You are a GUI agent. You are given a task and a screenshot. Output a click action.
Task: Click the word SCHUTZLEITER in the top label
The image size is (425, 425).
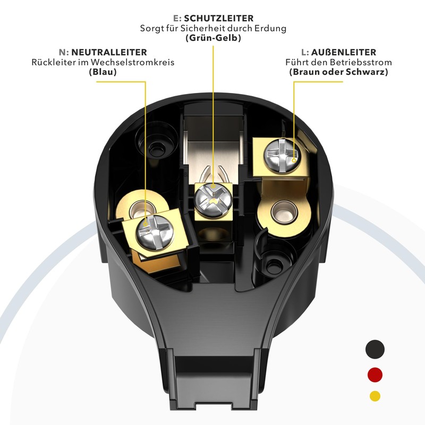(219, 18)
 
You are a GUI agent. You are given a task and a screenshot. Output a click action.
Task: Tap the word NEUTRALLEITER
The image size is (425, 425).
(109, 52)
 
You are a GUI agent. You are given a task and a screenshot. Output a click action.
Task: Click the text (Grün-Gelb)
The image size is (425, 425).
(214, 38)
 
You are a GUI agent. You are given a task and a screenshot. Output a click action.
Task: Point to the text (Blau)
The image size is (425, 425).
(103, 72)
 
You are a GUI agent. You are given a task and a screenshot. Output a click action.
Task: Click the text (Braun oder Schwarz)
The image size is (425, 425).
(338, 72)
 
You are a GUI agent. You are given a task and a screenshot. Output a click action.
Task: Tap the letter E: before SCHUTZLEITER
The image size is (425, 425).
(177, 18)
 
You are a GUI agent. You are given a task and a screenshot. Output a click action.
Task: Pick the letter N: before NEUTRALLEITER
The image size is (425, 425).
(64, 52)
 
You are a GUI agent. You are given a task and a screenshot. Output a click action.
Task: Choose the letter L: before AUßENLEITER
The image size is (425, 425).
(305, 52)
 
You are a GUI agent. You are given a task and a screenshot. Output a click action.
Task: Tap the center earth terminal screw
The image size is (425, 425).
(214, 200)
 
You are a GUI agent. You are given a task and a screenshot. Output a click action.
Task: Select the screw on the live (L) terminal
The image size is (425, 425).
(283, 155)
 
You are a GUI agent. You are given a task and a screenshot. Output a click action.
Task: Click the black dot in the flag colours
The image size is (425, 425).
(375, 350)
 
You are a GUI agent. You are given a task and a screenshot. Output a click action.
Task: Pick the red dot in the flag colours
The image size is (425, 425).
(375, 375)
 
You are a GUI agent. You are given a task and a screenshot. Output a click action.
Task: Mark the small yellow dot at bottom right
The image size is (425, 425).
(375, 396)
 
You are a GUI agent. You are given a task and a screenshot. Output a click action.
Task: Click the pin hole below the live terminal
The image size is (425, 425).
(284, 212)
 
